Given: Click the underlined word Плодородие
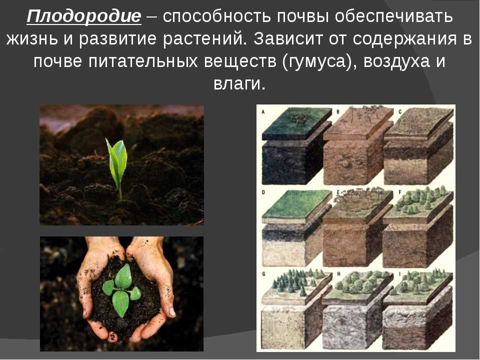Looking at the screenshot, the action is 84,16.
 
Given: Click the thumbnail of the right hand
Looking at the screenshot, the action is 171,311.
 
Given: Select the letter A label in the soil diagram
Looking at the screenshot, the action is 263,112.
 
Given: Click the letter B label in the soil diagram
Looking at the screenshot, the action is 338,111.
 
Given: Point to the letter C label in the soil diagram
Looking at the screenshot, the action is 400,111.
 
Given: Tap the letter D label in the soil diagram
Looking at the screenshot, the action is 263,192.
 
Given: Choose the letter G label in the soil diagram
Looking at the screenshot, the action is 263,274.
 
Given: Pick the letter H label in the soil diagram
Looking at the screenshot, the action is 338,274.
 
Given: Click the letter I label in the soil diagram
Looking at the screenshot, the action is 399,274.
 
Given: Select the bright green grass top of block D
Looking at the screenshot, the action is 296,204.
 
